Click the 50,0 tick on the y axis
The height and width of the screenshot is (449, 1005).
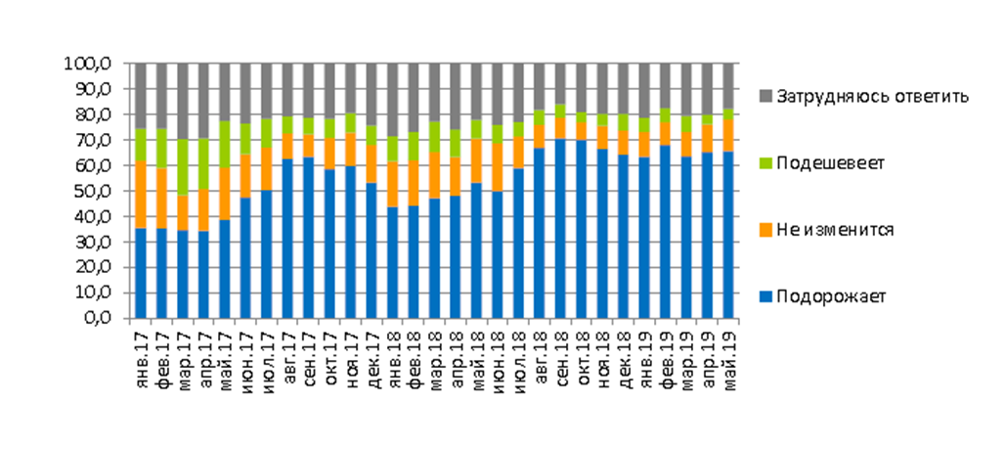(93, 192)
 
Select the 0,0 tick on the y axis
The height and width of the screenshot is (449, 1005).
(99, 319)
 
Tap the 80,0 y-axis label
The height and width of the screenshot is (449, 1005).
(93, 115)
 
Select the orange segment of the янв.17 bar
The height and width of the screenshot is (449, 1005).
(141, 195)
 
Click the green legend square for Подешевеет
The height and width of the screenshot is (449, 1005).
(765, 163)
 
